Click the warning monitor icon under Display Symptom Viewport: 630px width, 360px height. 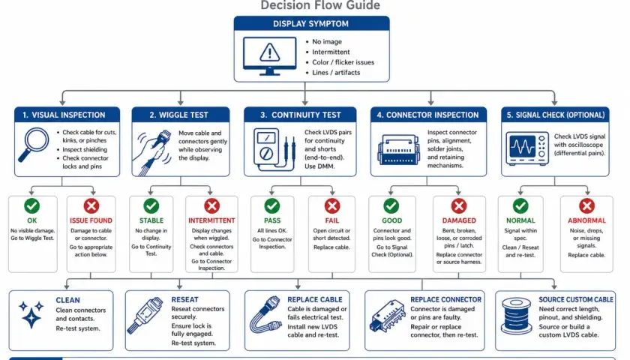pyautogui.click(x=269, y=55)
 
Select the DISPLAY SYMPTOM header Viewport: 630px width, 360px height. pyautogui.click(x=311, y=24)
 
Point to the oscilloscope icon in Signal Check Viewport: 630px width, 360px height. pyautogui.click(x=527, y=148)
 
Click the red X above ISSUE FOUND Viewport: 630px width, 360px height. pyautogui.click(x=91, y=205)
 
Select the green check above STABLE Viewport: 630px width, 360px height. pyautogui.click(x=151, y=205)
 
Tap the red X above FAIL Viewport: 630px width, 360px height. pyautogui.click(x=331, y=205)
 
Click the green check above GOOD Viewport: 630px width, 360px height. pyautogui.click(x=391, y=205)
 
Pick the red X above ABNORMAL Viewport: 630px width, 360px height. pyautogui.click(x=586, y=205)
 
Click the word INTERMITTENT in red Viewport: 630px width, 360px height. pyautogui.click(x=211, y=220)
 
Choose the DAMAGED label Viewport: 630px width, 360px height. pyautogui.click(x=459, y=220)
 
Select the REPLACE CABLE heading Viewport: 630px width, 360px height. pyautogui.click(x=315, y=300)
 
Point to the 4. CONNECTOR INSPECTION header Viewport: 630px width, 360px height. pyautogui.click(x=428, y=115)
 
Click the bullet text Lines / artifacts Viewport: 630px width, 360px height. pyautogui.click(x=336, y=73)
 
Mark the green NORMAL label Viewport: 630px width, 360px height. pyautogui.click(x=520, y=220)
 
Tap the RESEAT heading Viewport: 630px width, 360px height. pyautogui.click(x=184, y=300)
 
